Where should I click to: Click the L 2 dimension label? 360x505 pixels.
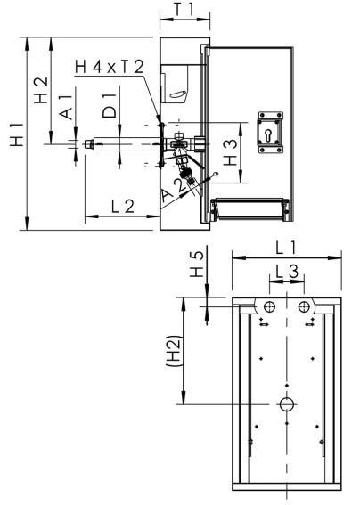pos(122,207)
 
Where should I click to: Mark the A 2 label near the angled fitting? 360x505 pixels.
pos(174,186)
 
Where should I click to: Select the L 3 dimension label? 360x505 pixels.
pos(286,268)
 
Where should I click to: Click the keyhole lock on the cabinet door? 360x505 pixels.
pos(268,131)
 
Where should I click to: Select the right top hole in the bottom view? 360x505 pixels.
pos(305,306)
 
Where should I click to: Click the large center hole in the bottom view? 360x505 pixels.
pos(287,404)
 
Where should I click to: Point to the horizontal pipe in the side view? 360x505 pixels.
pos(125,144)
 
